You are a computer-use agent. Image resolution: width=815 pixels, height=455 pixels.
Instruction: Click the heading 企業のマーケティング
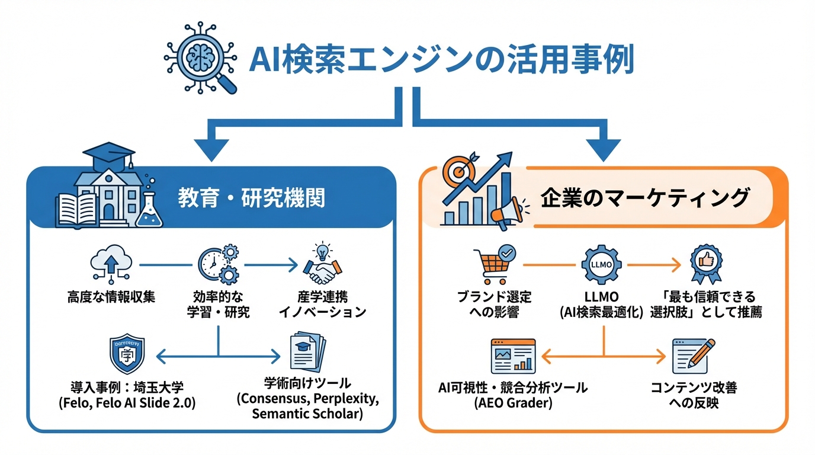tap(644, 198)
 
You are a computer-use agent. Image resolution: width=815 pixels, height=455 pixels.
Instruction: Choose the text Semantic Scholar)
tap(307, 414)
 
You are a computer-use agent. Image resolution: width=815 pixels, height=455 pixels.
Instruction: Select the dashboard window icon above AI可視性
tap(513, 356)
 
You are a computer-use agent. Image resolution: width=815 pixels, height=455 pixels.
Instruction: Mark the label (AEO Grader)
tap(513, 404)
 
